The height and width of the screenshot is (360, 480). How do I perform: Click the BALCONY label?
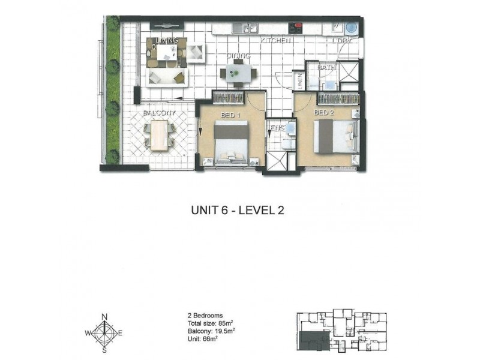point(158,113)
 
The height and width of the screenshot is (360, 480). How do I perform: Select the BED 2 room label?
point(323,112)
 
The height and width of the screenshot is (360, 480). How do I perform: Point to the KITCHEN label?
point(275,40)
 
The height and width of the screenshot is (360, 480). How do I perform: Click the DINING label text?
point(238,56)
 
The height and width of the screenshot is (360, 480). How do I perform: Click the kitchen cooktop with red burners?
point(296,27)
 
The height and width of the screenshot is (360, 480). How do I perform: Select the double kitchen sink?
point(248,27)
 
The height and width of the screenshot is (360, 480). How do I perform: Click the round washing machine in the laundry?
point(350,28)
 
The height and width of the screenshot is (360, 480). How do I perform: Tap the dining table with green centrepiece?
point(238,73)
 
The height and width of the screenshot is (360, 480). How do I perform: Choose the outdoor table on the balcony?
point(159,135)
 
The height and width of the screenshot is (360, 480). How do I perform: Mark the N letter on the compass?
point(104,317)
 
